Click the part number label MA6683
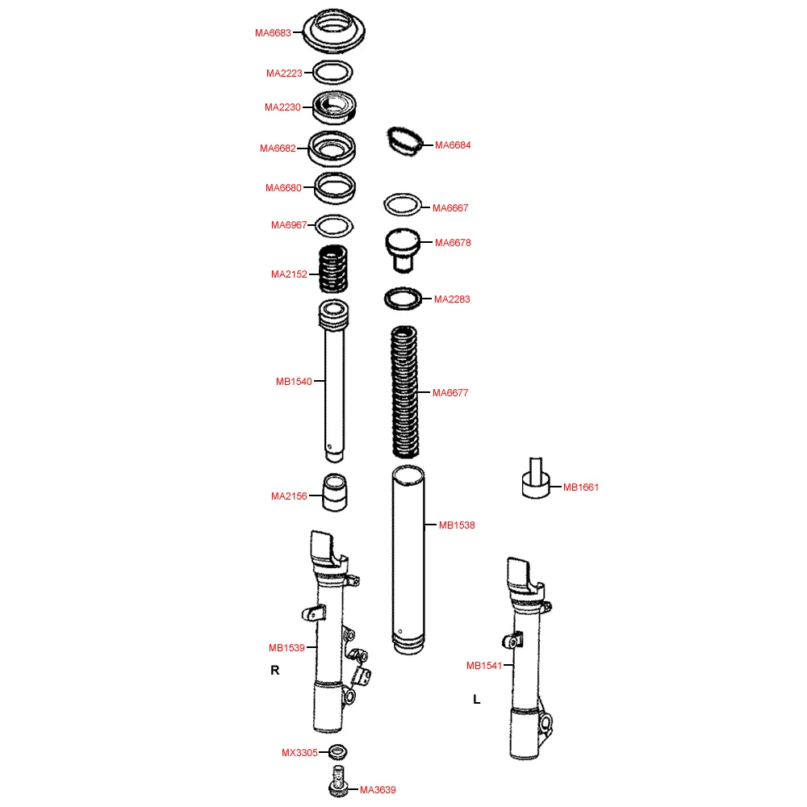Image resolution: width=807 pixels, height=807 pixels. [273, 33]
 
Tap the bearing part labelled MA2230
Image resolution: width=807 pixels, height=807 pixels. [334, 107]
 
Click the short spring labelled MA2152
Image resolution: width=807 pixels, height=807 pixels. [333, 269]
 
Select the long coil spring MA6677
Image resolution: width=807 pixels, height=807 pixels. [404, 391]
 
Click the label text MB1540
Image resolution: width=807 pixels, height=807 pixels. [294, 382]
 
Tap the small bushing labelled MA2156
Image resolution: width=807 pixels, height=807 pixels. [335, 492]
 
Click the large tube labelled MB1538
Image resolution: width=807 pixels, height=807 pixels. [408, 560]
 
